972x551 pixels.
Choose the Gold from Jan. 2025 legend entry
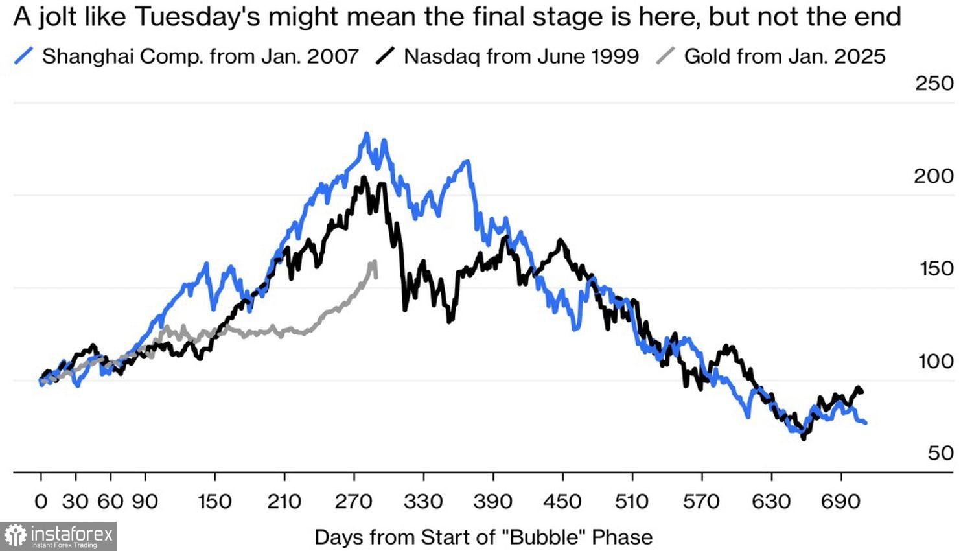(x=784, y=56)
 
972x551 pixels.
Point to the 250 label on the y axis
(x=934, y=84)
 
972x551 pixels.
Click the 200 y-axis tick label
(x=934, y=176)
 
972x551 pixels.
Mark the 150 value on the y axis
(x=936, y=268)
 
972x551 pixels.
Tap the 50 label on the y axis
(x=940, y=452)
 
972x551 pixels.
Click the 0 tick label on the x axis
(x=41, y=501)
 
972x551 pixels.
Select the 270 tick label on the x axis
(x=354, y=501)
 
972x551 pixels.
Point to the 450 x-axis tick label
(x=562, y=501)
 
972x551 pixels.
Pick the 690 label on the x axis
(x=841, y=501)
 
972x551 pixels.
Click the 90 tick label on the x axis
(x=145, y=501)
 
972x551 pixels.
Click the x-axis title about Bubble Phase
(x=483, y=537)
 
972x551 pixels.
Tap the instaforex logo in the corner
(x=58, y=536)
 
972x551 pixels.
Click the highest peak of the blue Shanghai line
(x=367, y=134)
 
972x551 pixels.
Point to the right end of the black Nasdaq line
(x=862, y=391)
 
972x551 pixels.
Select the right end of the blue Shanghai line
(x=865, y=423)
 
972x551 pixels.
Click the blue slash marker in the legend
(x=23, y=57)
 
